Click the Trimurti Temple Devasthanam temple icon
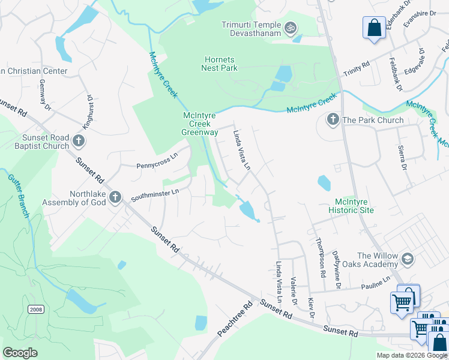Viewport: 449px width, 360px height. pyautogui.click(x=291, y=27)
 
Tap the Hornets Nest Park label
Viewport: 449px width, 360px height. pyautogui.click(x=219, y=64)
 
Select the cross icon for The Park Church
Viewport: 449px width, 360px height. pyautogui.click(x=333, y=120)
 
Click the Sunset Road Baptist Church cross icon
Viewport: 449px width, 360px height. pyautogui.click(x=78, y=142)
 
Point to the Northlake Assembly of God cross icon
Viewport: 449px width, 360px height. pyautogui.click(x=115, y=197)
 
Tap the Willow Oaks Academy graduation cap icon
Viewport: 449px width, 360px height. pyautogui.click(x=408, y=259)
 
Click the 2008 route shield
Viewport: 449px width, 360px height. pyautogui.click(x=35, y=308)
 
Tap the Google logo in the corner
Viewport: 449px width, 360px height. pyautogui.click(x=20, y=353)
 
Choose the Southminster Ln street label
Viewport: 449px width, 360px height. pyautogui.click(x=155, y=194)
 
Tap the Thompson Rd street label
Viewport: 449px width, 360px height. pyautogui.click(x=321, y=257)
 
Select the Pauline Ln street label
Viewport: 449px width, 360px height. pyautogui.click(x=376, y=282)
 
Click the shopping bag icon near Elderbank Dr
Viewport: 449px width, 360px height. pyautogui.click(x=374, y=28)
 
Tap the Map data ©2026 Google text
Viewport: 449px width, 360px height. pyautogui.click(x=412, y=355)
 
